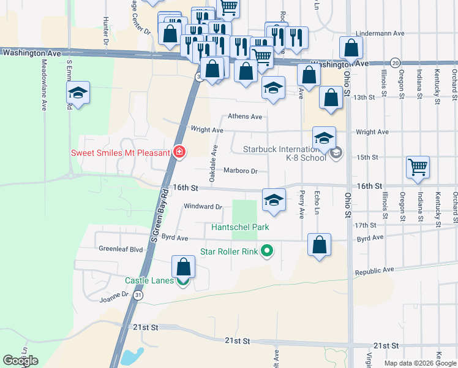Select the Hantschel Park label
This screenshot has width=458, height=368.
241,228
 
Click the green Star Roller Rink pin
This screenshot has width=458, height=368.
266,251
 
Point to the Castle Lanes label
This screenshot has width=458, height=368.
149,280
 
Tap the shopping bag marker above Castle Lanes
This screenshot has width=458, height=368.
183,267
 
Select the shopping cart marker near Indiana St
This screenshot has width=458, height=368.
418,166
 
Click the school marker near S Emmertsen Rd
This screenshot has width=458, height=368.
78,93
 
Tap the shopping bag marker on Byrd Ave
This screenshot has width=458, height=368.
319,245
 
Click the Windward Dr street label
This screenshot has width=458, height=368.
203,207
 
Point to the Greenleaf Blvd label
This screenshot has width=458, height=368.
120,250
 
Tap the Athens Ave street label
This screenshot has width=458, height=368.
244,116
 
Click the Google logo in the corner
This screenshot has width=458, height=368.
20,361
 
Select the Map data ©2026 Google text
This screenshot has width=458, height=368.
419,363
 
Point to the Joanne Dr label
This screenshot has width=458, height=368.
114,295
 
